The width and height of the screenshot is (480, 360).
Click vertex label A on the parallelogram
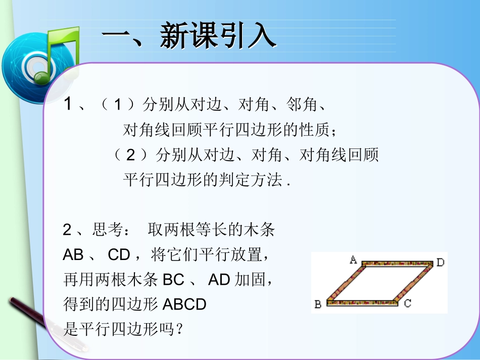tap(353, 260)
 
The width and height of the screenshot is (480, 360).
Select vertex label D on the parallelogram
tap(440, 262)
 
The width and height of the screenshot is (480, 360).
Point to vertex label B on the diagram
tap(318, 304)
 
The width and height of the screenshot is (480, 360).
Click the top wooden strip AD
tap(397, 264)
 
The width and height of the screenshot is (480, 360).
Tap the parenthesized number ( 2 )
tap(131, 155)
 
